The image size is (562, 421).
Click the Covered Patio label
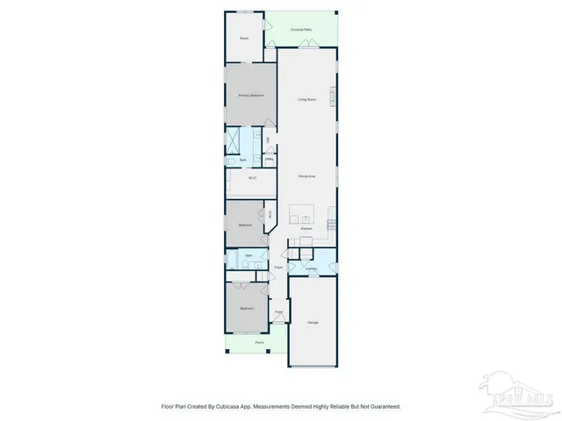coord(301,30)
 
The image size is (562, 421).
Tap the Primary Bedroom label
coord(251,95)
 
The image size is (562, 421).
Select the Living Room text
coord(306,99)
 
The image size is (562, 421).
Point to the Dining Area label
coord(306,176)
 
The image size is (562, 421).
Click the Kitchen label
coord(306,229)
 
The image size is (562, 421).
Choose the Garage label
coord(313,323)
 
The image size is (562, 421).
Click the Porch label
coord(259,342)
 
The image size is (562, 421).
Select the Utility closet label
coord(268,159)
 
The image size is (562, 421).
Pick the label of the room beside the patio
coord(245,39)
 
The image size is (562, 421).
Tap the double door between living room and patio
coord(306,47)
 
